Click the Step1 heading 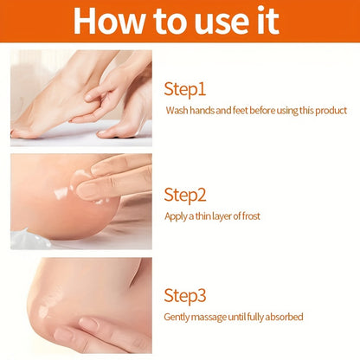tap(186, 88)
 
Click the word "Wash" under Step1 tap(178, 111)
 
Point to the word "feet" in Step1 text tap(241, 111)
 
